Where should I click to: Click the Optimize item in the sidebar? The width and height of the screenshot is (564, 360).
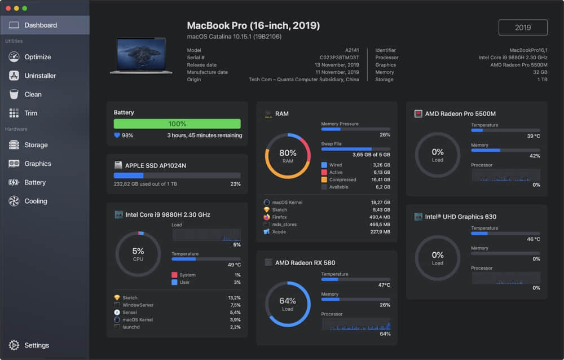pyautogui.click(x=37, y=57)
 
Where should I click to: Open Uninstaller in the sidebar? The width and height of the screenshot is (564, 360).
pyautogui.click(x=39, y=76)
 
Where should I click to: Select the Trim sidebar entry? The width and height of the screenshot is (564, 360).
pyautogui.click(x=30, y=113)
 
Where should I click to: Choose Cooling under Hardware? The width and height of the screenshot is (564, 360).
pyautogui.click(x=36, y=201)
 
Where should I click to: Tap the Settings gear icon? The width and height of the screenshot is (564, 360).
pyautogui.click(x=14, y=345)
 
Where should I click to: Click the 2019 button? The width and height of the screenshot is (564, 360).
pyautogui.click(x=523, y=28)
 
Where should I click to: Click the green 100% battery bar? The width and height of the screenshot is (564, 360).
pyautogui.click(x=177, y=124)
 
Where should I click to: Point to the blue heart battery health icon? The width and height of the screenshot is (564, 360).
pyautogui.click(x=117, y=135)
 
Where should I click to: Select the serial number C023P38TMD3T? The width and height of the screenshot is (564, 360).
pyautogui.click(x=340, y=58)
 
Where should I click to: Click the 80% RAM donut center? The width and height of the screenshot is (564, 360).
pyautogui.click(x=288, y=156)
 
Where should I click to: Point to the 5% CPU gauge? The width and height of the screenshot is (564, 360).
pyautogui.click(x=138, y=254)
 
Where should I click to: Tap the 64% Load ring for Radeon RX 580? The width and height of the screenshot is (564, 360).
pyautogui.click(x=288, y=304)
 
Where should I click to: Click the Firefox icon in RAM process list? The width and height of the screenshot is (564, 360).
pyautogui.click(x=267, y=217)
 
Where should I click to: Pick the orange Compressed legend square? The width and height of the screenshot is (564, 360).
pyautogui.click(x=324, y=179)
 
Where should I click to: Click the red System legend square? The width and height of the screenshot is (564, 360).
pyautogui.click(x=175, y=275)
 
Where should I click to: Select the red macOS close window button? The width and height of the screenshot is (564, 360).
pyautogui.click(x=8, y=8)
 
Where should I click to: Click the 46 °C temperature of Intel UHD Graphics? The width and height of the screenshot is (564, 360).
pyautogui.click(x=532, y=239)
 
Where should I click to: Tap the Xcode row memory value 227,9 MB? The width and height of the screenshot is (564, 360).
pyautogui.click(x=380, y=232)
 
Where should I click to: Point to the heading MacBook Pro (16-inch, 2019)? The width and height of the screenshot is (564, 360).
pyautogui.click(x=253, y=25)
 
